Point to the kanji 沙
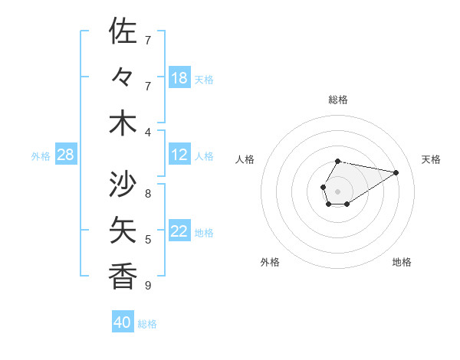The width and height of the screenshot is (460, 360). pos(123,184)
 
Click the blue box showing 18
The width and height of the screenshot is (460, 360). pos(179,78)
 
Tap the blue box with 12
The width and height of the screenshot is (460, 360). pos(179,155)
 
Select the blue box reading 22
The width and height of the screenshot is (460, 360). pos(179,231)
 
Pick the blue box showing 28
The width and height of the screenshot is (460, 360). pos(66,155)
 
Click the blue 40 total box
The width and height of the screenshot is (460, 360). pos(123,322)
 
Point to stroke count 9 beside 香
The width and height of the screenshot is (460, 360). pos(148,286)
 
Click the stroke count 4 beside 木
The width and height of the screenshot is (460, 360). pos(148,133)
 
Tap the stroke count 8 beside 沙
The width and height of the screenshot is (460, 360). pos(148,194)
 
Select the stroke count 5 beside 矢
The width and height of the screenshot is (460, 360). pos(148,240)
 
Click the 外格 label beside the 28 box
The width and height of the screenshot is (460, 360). pos(41,156)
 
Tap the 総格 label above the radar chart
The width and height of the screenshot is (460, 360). pos(338,100)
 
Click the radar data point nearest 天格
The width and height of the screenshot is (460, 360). pos(396,172)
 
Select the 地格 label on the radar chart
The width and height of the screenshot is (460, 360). pos(402,262)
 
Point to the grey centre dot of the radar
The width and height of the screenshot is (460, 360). pos(338,191)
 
